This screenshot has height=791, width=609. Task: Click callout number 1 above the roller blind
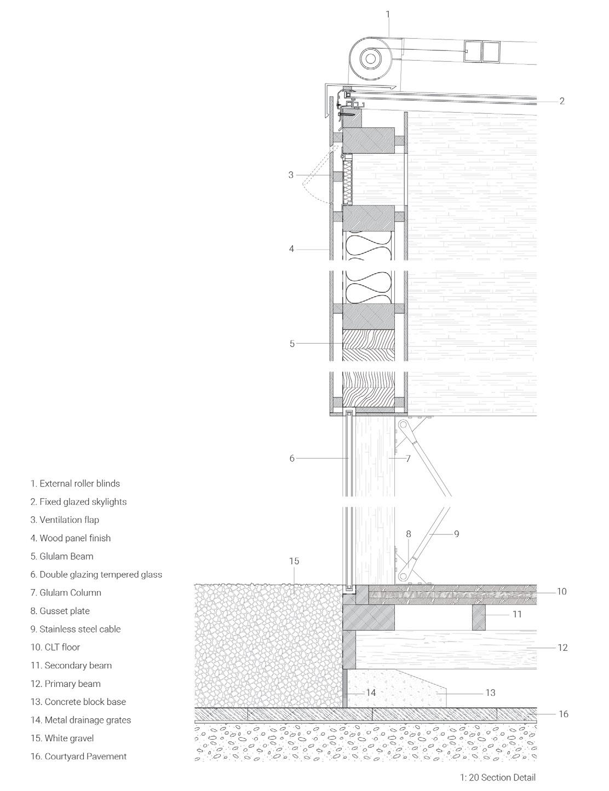[x=388, y=14]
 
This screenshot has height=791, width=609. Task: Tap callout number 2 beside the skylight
[x=562, y=101]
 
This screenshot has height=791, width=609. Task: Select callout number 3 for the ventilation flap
[x=291, y=175]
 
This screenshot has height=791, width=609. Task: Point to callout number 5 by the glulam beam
[x=292, y=344]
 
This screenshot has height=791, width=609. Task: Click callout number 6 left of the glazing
[x=292, y=458]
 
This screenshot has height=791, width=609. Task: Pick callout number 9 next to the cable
[x=456, y=533]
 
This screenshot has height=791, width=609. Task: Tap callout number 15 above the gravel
[x=294, y=561]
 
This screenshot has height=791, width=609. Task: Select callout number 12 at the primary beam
[x=562, y=648]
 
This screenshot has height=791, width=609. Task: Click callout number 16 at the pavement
[x=564, y=714]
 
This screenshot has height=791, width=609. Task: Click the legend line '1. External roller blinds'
[x=75, y=483]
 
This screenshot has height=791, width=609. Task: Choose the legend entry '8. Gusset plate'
[x=60, y=611]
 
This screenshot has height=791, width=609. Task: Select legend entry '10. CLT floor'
[x=55, y=647]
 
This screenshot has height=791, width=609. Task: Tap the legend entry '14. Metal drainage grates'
[x=81, y=720]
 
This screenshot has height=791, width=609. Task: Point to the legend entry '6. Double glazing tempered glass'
[x=96, y=574]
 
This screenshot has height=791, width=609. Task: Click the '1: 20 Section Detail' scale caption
[x=497, y=777]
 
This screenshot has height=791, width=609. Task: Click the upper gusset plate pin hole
[x=403, y=424]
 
